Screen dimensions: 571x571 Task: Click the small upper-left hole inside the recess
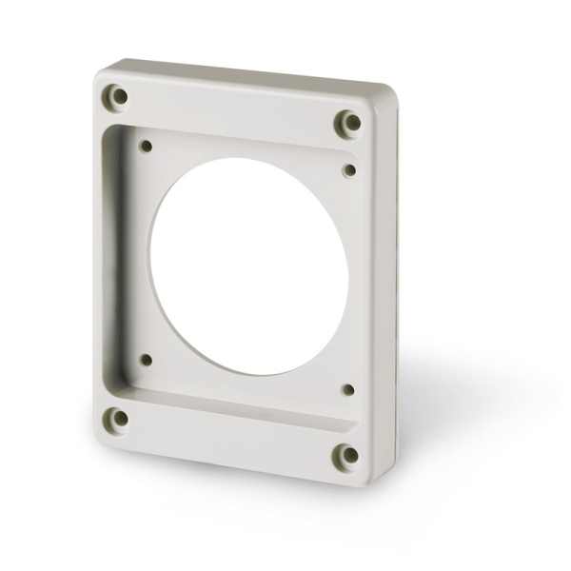tap(147, 147)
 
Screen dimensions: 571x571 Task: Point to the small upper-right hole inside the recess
tap(349, 170)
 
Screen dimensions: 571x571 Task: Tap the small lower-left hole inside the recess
tap(146, 360)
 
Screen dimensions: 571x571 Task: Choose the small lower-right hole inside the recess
tap(347, 389)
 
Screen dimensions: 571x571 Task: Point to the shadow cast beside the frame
tap(447, 400)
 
